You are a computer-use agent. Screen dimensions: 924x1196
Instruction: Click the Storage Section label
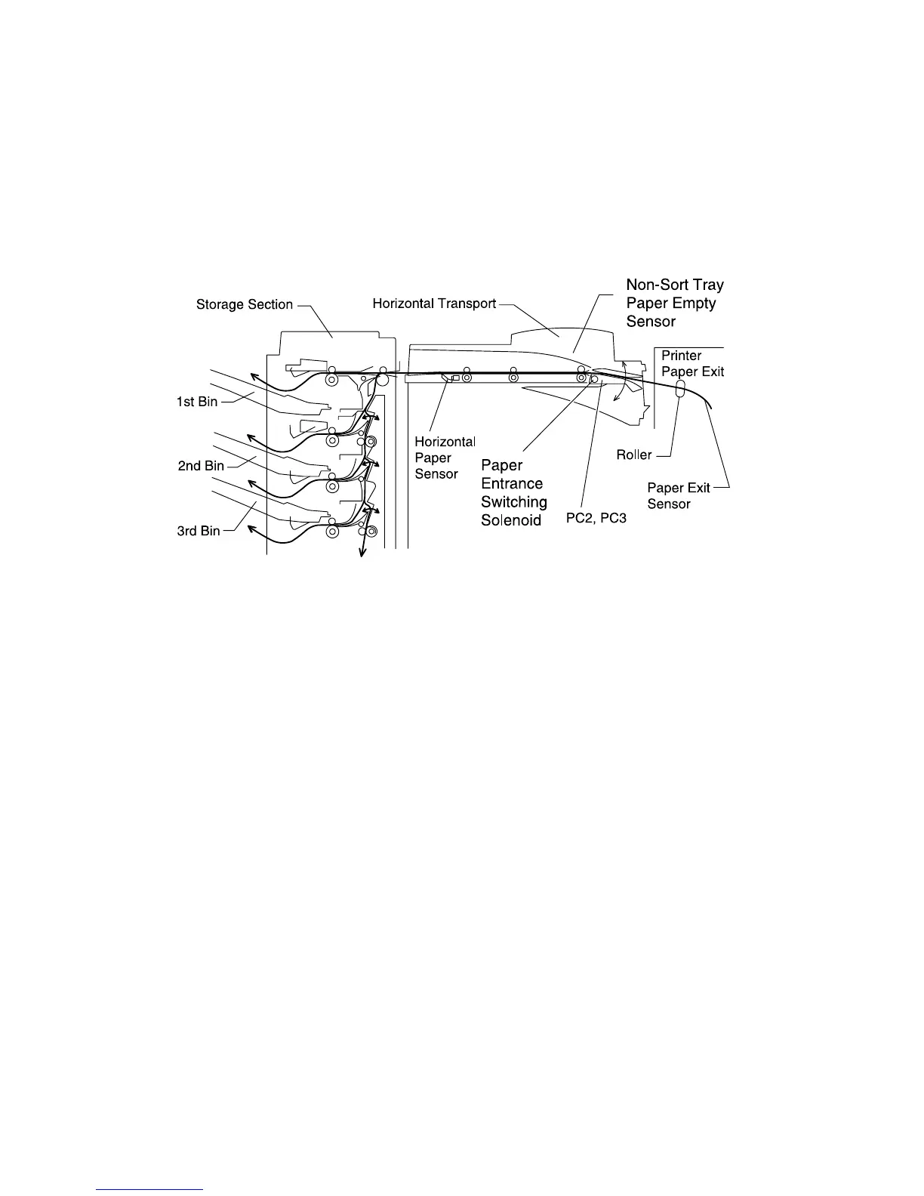coord(244,304)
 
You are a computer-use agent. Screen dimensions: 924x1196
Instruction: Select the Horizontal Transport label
coord(434,304)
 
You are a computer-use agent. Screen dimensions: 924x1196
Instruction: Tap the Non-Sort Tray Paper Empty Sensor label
coord(674,303)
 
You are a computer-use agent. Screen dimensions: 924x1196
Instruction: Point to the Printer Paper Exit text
coord(692,363)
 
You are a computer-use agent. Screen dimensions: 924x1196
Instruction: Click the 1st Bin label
coord(197,402)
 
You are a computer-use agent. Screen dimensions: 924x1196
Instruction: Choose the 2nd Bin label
coord(201,466)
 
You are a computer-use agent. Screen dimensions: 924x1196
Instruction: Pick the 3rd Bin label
coord(199,531)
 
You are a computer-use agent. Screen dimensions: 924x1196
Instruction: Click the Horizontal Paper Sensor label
coord(445,458)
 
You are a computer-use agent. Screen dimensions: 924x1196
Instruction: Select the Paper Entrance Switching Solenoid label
coord(513,492)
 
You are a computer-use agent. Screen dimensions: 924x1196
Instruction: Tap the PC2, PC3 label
coord(596,519)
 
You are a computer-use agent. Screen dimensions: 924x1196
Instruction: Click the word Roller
coord(634,455)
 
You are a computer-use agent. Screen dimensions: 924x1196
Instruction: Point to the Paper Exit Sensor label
coord(678,495)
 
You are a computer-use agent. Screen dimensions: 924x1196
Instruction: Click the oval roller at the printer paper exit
coord(679,389)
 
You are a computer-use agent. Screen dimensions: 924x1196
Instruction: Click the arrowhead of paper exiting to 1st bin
coord(254,375)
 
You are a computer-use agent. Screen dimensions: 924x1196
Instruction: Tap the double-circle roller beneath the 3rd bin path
coord(331,532)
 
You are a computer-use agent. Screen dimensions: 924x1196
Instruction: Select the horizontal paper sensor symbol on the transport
coord(447,376)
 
